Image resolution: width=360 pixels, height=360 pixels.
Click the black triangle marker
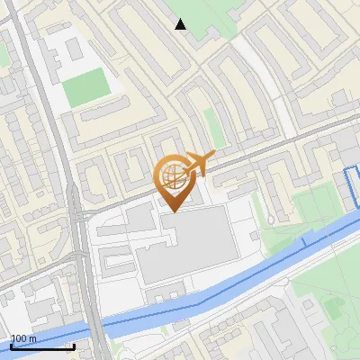point(181,25)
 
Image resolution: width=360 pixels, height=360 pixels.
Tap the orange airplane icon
point(199,163)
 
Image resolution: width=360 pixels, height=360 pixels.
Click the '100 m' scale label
point(23,338)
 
